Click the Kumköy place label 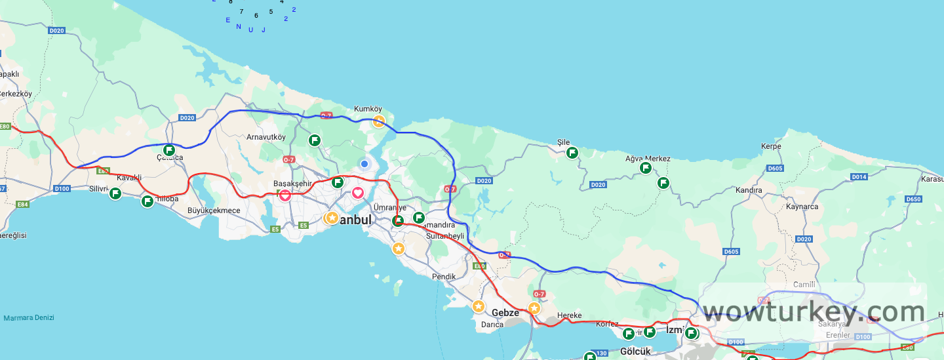click(x=368, y=109)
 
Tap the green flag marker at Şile click(x=572, y=153)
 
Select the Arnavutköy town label click(x=266, y=137)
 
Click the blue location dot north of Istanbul click(x=364, y=163)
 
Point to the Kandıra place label click(x=749, y=190)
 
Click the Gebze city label click(x=505, y=313)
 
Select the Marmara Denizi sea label click(x=29, y=318)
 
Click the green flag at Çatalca click(x=169, y=150)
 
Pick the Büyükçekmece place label click(x=214, y=210)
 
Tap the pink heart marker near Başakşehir click(x=285, y=195)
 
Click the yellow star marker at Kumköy click(x=379, y=121)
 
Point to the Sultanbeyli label click(x=444, y=235)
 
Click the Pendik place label click(x=444, y=277)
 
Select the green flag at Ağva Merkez click(x=646, y=168)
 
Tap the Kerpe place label click(x=771, y=146)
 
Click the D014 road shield click(x=859, y=177)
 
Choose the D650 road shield click(x=914, y=199)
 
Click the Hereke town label click(x=569, y=315)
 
